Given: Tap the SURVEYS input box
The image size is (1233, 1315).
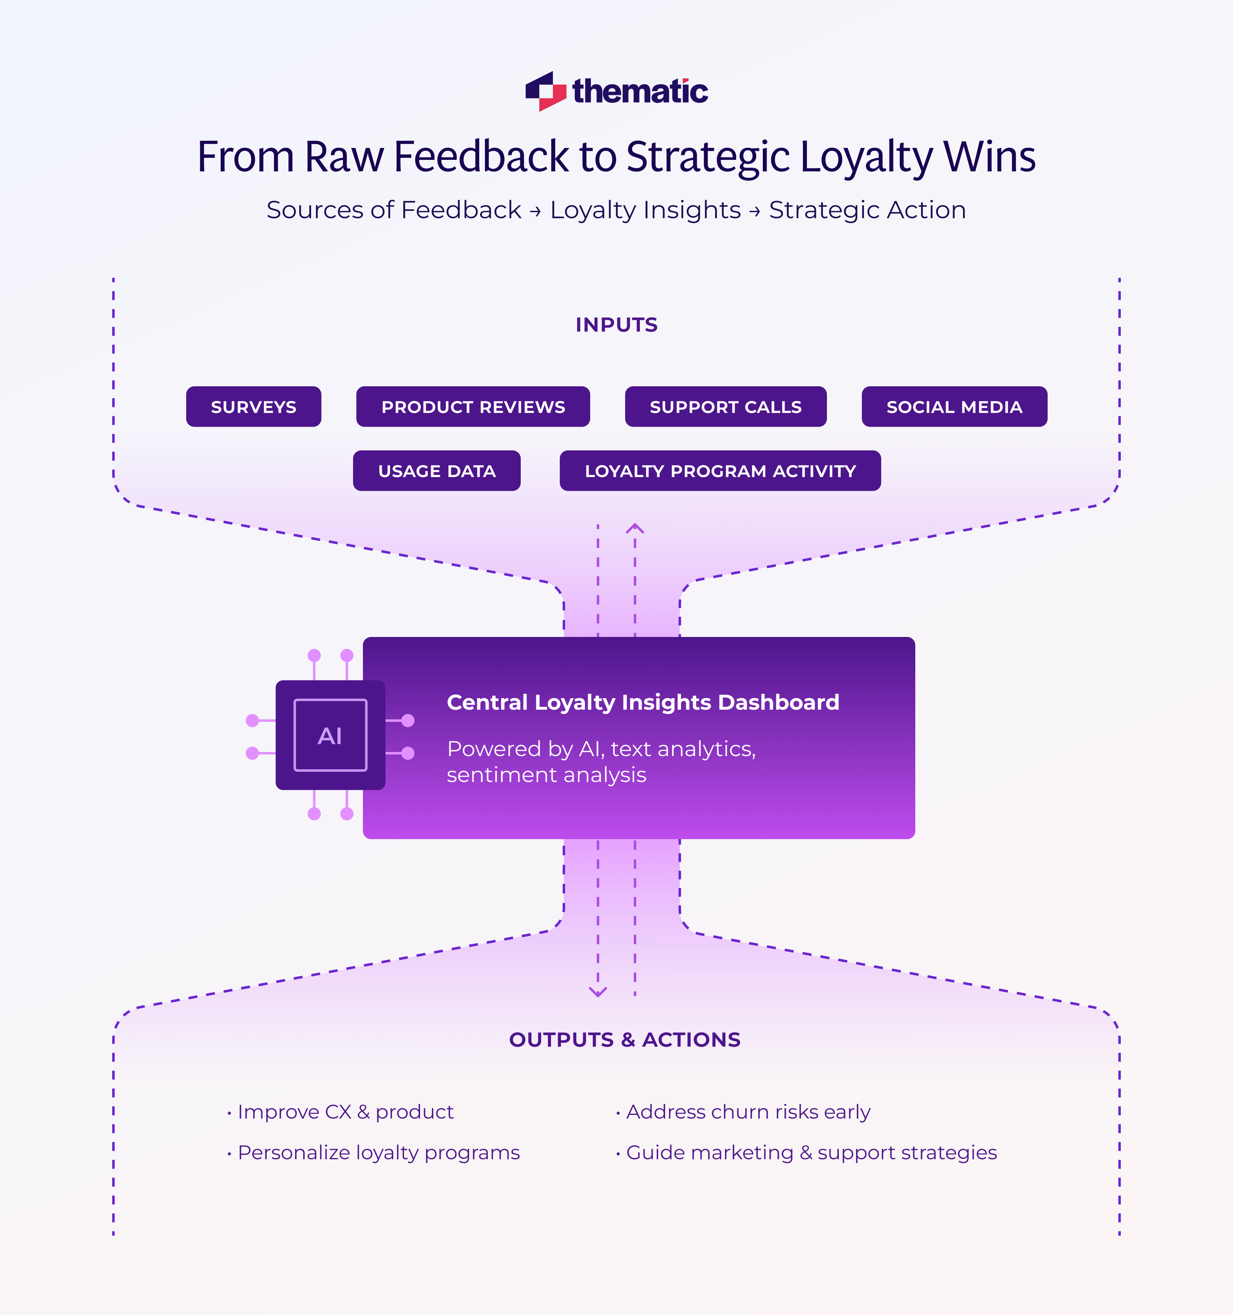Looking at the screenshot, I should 253,407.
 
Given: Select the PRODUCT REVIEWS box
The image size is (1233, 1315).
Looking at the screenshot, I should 473,407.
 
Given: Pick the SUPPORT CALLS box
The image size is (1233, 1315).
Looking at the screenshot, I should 726,407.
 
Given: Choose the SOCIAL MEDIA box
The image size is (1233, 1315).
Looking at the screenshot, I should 954,407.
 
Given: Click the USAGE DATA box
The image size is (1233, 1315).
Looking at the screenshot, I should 436,471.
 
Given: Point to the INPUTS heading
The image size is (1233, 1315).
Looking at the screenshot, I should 616,325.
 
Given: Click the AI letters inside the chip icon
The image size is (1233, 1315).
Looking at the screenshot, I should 330,736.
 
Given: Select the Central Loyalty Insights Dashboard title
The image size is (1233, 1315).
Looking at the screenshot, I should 643,702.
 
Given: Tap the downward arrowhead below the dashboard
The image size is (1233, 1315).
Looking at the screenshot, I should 598,992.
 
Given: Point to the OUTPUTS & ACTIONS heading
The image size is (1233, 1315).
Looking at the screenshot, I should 624,1039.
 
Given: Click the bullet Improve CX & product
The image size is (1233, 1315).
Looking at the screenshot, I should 345,1112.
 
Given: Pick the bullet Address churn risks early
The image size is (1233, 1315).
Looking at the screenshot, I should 748,1112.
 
